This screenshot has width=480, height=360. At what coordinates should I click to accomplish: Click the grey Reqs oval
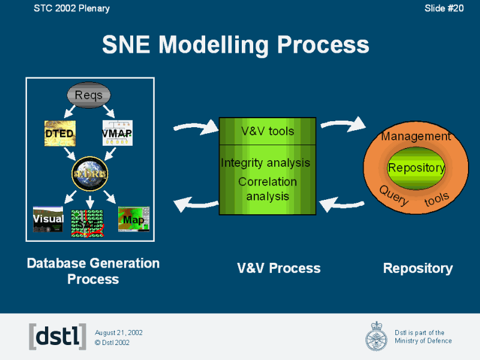[89, 95]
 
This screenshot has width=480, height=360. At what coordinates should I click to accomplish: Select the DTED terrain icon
[59, 133]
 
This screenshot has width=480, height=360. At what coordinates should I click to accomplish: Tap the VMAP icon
[117, 133]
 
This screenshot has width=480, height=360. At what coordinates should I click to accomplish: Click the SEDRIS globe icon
[89, 172]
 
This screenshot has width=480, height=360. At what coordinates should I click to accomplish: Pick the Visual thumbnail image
[48, 219]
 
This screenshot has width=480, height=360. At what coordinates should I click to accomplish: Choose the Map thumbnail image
[133, 219]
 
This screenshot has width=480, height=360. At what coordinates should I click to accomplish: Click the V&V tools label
[268, 131]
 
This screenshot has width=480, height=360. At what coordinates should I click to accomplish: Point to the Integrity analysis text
[265, 163]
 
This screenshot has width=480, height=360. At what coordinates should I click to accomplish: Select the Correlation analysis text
[268, 188]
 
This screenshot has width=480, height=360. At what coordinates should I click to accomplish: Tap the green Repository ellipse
[416, 168]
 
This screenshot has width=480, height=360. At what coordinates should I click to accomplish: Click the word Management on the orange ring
[416, 137]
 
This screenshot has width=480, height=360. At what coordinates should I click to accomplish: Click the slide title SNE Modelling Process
[235, 44]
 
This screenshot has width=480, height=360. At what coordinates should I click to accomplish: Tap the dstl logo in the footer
[58, 337]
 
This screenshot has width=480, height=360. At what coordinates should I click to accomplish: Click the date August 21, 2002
[119, 332]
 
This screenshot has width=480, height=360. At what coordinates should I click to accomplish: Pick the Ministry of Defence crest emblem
[376, 336]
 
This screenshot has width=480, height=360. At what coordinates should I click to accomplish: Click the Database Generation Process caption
[93, 271]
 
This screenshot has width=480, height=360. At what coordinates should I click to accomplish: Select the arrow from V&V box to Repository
[343, 124]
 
